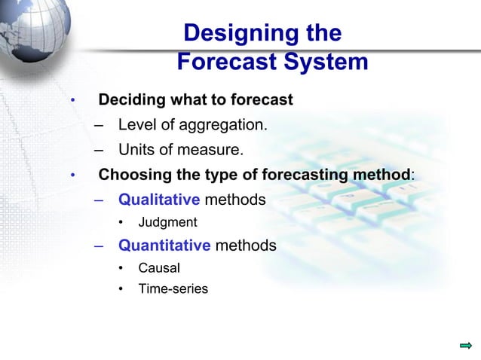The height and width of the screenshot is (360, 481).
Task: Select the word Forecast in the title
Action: [223, 63]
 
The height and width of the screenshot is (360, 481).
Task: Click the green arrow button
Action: [465, 346]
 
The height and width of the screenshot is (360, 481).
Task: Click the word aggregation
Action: [225, 124]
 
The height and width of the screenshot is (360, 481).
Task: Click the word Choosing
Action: [135, 175]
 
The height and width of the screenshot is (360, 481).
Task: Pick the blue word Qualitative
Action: [158, 200]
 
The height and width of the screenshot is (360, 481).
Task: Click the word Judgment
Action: [167, 223]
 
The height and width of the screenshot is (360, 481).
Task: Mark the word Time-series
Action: [173, 288]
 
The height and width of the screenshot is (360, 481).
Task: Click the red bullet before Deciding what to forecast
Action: [72, 101]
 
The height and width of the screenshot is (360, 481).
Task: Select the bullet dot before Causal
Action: [122, 268]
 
